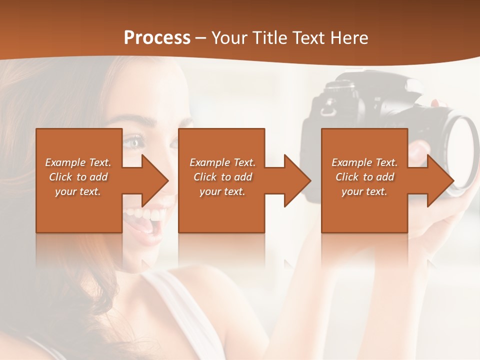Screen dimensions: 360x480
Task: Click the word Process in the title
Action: click(x=157, y=38)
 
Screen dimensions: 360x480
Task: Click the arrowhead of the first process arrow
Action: click(x=155, y=180)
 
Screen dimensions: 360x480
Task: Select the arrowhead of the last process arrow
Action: click(x=440, y=180)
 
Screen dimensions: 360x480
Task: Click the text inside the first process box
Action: click(x=78, y=177)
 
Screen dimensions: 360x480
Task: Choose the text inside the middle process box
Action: click(x=222, y=177)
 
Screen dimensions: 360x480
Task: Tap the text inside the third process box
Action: click(x=364, y=177)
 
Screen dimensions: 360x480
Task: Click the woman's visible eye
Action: click(x=134, y=143)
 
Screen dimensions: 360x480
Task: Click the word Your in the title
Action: click(x=229, y=38)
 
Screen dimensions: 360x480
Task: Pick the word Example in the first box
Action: click(x=65, y=162)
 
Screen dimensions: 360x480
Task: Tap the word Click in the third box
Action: click(x=347, y=177)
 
